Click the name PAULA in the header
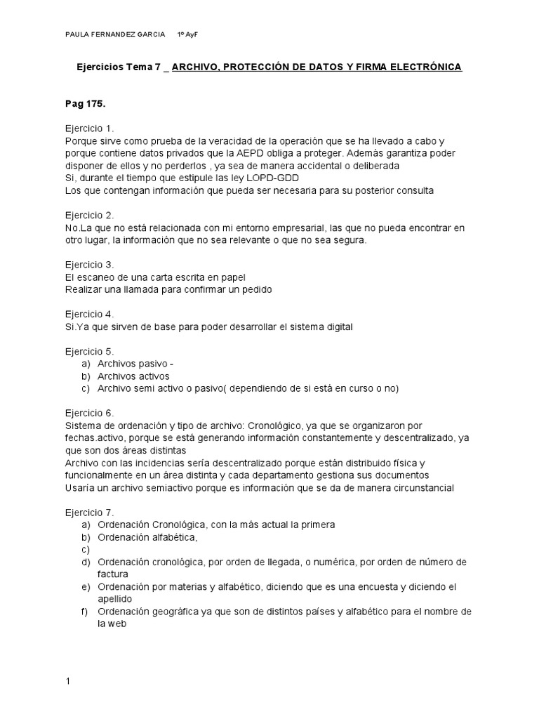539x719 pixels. pos(76,34)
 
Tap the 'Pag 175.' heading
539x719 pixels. pos(85,104)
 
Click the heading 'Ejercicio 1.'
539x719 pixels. pos(89,128)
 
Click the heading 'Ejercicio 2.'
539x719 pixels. pos(89,215)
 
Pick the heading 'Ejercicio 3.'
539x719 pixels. pos(89,265)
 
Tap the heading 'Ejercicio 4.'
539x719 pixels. pos(89,314)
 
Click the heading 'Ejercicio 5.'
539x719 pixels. pos(89,351)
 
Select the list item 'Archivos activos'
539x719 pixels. pos(133,376)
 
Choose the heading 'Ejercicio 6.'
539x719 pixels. pos(89,413)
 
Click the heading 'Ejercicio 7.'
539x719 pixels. pos(89,512)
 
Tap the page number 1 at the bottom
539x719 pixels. pos(67,681)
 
